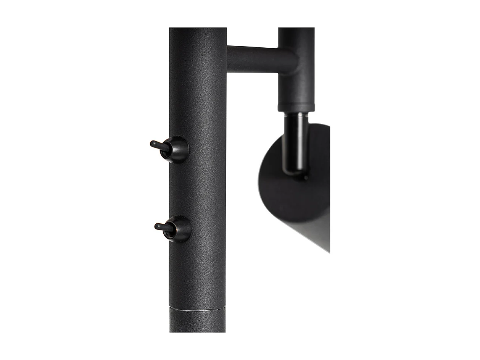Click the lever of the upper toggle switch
(x=158, y=146)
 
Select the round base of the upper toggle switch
(x=177, y=150)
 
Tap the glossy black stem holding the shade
(x=294, y=145)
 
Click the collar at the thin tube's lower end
(x=296, y=107)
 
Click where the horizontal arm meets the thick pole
(x=228, y=59)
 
